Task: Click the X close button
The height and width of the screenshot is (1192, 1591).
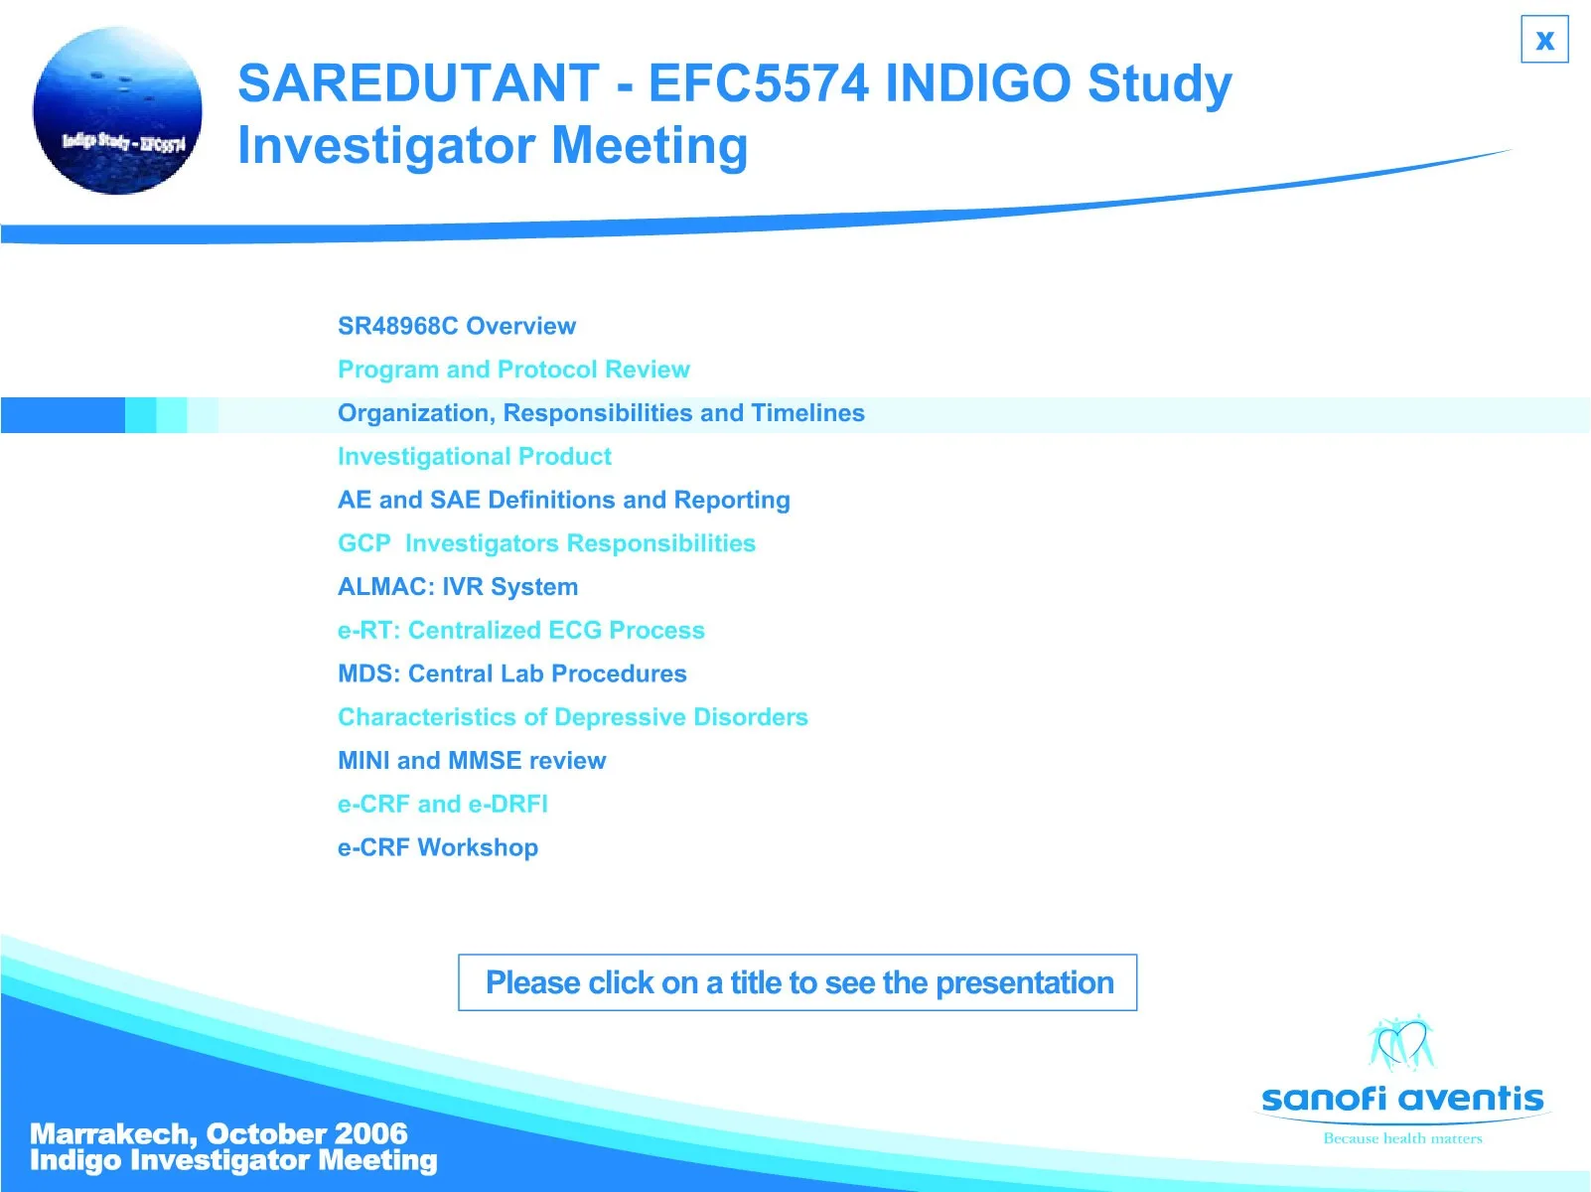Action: tap(1544, 39)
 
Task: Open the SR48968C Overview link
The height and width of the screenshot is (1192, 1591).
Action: tap(457, 326)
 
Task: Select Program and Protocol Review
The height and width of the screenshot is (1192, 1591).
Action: tap(513, 370)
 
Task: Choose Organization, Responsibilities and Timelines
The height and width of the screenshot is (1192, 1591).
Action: tap(601, 413)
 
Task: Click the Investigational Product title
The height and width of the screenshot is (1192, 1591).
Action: tap(475, 457)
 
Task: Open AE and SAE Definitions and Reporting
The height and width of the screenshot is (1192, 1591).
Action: tap(564, 500)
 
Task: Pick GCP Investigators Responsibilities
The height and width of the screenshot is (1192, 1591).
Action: tap(546, 543)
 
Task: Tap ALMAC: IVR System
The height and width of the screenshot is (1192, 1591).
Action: tap(458, 587)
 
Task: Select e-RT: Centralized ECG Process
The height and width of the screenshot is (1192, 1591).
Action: tap(521, 631)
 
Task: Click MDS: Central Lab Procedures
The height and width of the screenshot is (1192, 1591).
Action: tap(512, 673)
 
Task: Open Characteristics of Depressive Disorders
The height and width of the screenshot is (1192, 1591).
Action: tap(573, 717)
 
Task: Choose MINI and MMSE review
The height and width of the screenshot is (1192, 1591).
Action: tap(472, 761)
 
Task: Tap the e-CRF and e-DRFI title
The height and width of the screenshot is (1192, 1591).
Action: tap(443, 805)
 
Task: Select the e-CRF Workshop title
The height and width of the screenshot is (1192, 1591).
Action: tap(438, 847)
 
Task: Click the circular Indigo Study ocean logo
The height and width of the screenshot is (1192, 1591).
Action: tap(117, 110)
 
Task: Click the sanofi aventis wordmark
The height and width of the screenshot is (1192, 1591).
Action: tap(1402, 1099)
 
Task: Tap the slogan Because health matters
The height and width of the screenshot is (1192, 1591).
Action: tap(1402, 1138)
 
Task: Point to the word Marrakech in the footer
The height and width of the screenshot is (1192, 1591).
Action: tap(113, 1134)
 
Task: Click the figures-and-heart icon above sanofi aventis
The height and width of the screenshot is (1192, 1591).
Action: tap(1401, 1042)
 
